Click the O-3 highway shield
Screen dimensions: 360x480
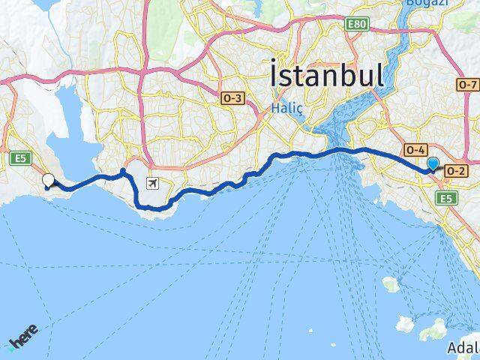click(x=232, y=97)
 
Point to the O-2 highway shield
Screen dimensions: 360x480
click(x=454, y=171)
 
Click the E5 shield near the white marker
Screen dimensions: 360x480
click(x=19, y=157)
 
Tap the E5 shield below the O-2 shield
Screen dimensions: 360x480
click(x=448, y=197)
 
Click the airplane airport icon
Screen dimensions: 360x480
click(x=153, y=183)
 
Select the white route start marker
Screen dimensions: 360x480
click(x=49, y=180)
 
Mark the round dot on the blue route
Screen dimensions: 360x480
click(x=123, y=172)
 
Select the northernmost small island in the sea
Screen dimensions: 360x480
click(x=389, y=283)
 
